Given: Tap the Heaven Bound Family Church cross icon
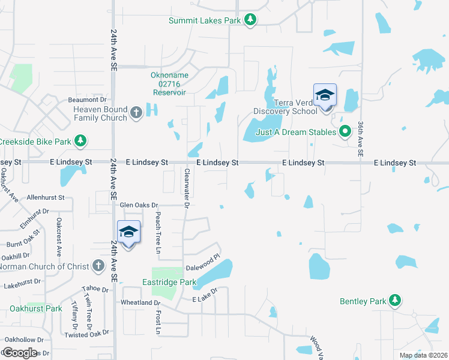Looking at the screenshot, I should (136, 113).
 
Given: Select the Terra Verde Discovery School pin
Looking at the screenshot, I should (325, 96).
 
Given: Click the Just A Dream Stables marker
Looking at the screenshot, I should (345, 131).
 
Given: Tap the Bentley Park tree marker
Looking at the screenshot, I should (394, 300).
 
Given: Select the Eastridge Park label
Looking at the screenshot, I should (169, 282).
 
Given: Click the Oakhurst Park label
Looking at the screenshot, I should (36, 308).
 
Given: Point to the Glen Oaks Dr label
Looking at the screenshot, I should (139, 205).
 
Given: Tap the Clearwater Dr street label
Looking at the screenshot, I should (187, 188).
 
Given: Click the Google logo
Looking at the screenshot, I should (20, 353).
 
